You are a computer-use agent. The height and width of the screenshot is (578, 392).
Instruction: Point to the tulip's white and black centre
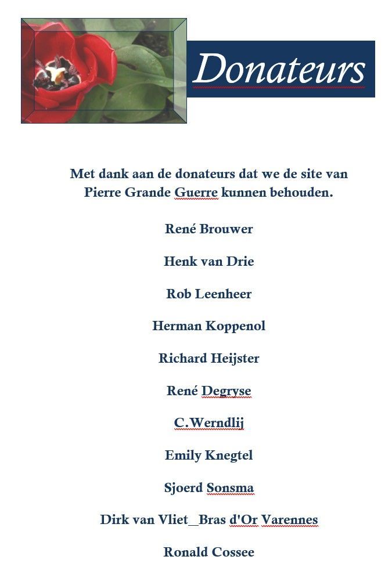(55, 74)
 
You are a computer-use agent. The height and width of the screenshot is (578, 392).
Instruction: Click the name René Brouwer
(208, 229)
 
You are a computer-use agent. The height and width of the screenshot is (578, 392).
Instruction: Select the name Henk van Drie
(208, 261)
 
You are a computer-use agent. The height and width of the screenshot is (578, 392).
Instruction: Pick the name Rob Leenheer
(208, 294)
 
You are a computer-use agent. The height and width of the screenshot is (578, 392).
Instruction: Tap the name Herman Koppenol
(208, 326)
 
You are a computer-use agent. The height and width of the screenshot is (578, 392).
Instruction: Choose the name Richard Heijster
(208, 358)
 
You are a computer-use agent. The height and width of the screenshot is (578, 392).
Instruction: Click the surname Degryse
(226, 391)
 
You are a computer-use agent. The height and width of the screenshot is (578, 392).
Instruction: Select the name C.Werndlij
(208, 423)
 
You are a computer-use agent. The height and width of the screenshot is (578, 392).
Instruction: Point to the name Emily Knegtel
(208, 455)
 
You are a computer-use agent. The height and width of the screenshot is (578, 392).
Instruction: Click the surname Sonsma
(230, 487)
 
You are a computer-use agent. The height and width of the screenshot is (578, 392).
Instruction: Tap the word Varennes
(289, 519)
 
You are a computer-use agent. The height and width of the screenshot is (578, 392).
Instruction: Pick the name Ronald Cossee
(208, 552)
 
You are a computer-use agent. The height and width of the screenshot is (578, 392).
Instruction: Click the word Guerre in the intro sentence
(196, 192)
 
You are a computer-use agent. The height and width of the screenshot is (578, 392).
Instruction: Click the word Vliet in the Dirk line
(173, 519)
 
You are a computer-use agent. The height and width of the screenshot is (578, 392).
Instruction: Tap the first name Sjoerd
(183, 487)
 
